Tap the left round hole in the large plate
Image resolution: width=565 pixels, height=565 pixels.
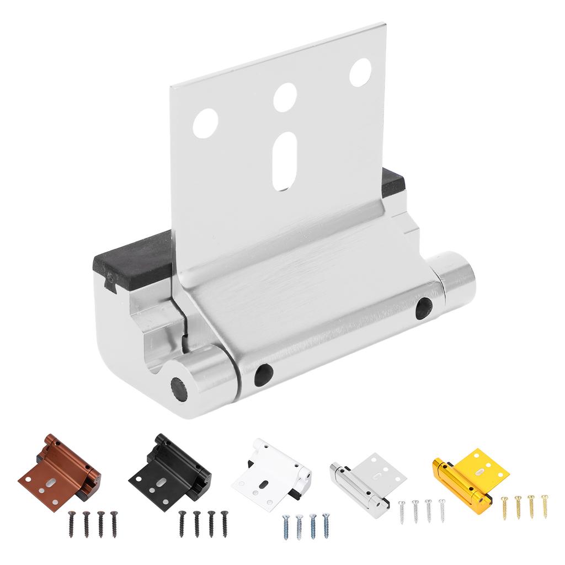pyautogui.click(x=205, y=122)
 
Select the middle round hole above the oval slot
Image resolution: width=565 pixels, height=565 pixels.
pyautogui.click(x=285, y=97)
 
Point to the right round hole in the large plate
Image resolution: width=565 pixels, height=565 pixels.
pyautogui.click(x=360, y=72)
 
